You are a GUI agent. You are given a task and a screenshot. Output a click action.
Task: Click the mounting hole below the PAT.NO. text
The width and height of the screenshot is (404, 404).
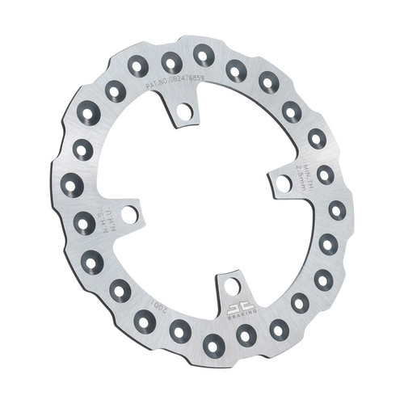coord(185,112)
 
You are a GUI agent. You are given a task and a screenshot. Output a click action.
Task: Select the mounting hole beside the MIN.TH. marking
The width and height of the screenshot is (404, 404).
coord(284,183)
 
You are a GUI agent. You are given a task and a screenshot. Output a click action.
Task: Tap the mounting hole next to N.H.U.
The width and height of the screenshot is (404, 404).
coord(128,216)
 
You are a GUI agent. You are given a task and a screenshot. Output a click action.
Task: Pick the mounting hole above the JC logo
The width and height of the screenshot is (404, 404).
coord(232,286)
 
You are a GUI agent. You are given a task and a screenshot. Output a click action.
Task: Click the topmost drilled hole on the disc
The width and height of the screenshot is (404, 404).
coord(202,55)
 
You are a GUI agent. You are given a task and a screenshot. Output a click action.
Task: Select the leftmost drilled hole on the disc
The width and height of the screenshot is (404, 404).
coord(72,186)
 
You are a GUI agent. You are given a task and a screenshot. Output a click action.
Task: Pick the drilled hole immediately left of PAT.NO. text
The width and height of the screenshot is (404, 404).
coord(138,67)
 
